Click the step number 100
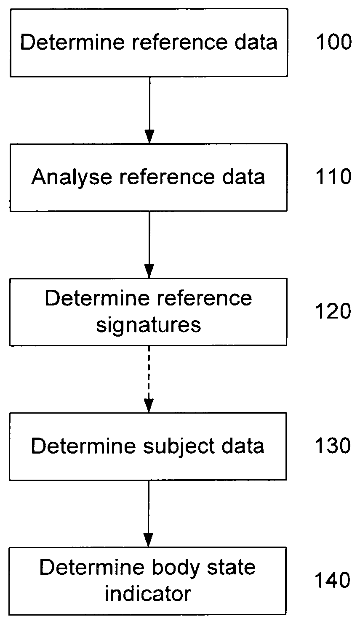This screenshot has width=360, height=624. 334,42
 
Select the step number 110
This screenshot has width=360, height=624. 333,176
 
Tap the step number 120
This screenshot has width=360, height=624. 333,311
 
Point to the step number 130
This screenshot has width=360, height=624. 333,445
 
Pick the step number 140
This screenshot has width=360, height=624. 332,580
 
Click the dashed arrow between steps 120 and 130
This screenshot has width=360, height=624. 149,379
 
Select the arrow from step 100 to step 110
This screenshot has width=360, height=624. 149,110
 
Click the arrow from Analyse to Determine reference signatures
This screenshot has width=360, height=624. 149,244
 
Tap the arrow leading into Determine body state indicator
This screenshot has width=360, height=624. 148,514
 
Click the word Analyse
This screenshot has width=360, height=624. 72,177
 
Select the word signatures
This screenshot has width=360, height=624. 148,326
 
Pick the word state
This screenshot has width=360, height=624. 231,568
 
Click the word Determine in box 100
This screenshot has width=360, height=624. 72,42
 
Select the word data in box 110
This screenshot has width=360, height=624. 243,177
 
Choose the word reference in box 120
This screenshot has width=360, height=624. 204,298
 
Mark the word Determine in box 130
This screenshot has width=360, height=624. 83,446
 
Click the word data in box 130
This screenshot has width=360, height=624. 243,446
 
